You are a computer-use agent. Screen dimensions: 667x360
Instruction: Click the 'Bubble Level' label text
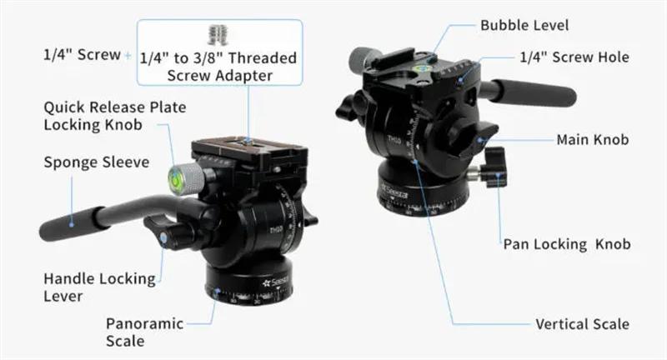pyautogui.click(x=524, y=26)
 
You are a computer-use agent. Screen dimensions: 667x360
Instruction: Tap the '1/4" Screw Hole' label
pyautogui.click(x=574, y=57)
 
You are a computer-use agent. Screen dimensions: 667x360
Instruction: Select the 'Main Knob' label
pyautogui.click(x=593, y=139)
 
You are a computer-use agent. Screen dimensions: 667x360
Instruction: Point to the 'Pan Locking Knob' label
pyautogui.click(x=567, y=244)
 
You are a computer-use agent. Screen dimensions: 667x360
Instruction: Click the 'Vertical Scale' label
pyautogui.click(x=582, y=324)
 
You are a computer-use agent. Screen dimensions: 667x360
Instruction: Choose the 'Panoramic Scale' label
pyautogui.click(x=144, y=332)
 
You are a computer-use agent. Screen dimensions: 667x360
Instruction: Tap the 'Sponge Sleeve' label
pyautogui.click(x=97, y=162)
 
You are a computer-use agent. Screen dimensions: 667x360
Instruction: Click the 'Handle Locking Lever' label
pyautogui.click(x=99, y=287)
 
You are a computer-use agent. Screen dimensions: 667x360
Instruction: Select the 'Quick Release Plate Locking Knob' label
pyautogui.click(x=115, y=116)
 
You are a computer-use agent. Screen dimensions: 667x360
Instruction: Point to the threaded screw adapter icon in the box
pyautogui.click(x=218, y=35)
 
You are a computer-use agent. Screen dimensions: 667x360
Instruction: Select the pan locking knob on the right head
pyautogui.click(x=494, y=167)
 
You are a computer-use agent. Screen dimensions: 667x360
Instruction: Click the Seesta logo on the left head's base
pyautogui.click(x=276, y=282)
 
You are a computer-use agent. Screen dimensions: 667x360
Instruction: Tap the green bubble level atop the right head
pyautogui.click(x=424, y=67)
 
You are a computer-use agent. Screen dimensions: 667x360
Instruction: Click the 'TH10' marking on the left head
pyautogui.click(x=276, y=230)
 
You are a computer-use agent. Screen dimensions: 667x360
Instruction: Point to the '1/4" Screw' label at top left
pyautogui.click(x=82, y=55)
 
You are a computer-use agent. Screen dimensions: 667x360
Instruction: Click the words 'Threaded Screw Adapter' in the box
pyautogui.click(x=233, y=67)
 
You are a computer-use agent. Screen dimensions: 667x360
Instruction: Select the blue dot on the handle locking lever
pyautogui.click(x=163, y=237)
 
